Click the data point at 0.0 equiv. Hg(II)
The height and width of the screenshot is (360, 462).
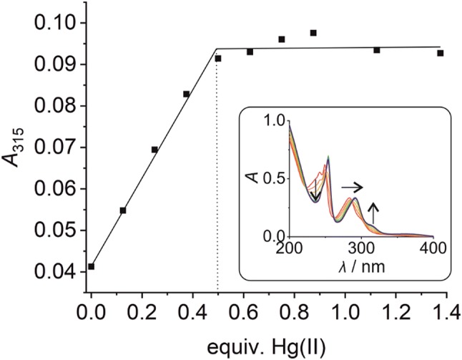click(91, 266)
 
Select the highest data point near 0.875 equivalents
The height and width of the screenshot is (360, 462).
click(313, 33)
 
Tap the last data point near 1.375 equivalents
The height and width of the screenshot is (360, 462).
click(441, 53)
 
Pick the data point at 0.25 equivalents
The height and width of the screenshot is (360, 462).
click(154, 150)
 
